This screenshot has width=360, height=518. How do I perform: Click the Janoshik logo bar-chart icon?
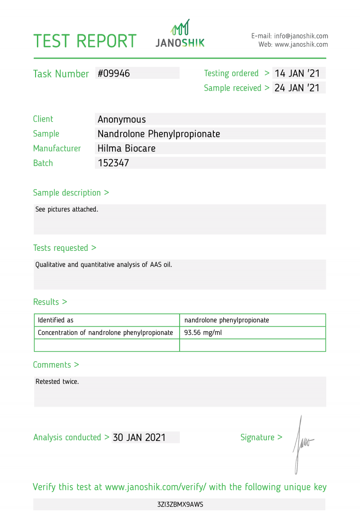click(180, 28)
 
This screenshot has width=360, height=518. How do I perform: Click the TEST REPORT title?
click(85, 41)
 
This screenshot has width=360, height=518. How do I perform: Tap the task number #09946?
click(114, 73)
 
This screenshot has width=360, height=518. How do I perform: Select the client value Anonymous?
click(122, 119)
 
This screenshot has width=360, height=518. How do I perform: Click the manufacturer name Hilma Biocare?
click(126, 148)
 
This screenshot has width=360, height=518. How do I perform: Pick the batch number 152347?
click(113, 163)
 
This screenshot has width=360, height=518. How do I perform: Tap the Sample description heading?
click(71, 193)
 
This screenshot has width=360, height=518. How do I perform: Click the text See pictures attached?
click(67, 209)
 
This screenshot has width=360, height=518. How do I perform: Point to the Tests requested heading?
click(65, 248)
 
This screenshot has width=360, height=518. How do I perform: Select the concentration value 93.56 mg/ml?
click(203, 333)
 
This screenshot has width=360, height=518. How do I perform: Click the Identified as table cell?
click(56, 320)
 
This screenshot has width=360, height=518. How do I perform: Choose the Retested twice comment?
click(57, 382)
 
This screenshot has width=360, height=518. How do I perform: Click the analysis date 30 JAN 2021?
click(139, 437)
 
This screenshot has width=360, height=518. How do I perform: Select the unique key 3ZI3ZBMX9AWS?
click(180, 504)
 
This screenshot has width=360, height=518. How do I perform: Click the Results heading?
click(50, 302)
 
